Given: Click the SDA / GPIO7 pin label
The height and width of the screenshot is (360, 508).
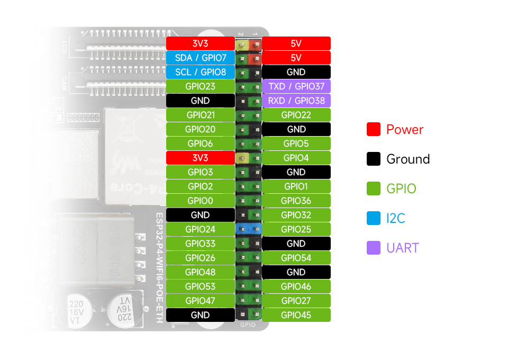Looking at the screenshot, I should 200,58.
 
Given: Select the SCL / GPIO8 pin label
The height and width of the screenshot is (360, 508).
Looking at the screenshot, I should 200,72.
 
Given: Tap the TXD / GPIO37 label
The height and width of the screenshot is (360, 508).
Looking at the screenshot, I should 296,86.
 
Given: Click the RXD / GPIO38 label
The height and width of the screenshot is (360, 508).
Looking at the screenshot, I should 296,101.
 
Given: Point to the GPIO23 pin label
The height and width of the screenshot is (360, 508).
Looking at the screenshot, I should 200,86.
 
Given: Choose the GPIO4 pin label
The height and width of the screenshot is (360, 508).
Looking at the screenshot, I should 296,158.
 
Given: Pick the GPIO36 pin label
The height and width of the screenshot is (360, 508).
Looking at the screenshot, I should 296,201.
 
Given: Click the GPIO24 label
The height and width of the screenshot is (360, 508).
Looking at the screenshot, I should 200,229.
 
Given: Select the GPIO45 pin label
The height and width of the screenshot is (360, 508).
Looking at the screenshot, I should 296,315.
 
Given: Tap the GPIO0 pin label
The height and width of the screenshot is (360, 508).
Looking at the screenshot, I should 200,201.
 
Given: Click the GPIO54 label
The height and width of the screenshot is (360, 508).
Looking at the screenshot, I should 296,258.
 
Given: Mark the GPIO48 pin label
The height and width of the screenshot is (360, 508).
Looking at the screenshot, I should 200,272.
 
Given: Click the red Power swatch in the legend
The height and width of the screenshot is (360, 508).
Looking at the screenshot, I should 374,129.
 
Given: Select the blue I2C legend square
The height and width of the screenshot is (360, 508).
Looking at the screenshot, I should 374,218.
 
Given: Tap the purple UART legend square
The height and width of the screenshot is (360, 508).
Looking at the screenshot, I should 374,248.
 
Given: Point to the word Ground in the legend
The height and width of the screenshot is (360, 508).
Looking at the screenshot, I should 408,159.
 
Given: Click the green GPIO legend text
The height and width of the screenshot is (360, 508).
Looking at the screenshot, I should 401,189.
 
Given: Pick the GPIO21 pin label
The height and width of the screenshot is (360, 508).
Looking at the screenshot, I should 200,115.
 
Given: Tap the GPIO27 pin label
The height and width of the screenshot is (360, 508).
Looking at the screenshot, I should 296,301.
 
